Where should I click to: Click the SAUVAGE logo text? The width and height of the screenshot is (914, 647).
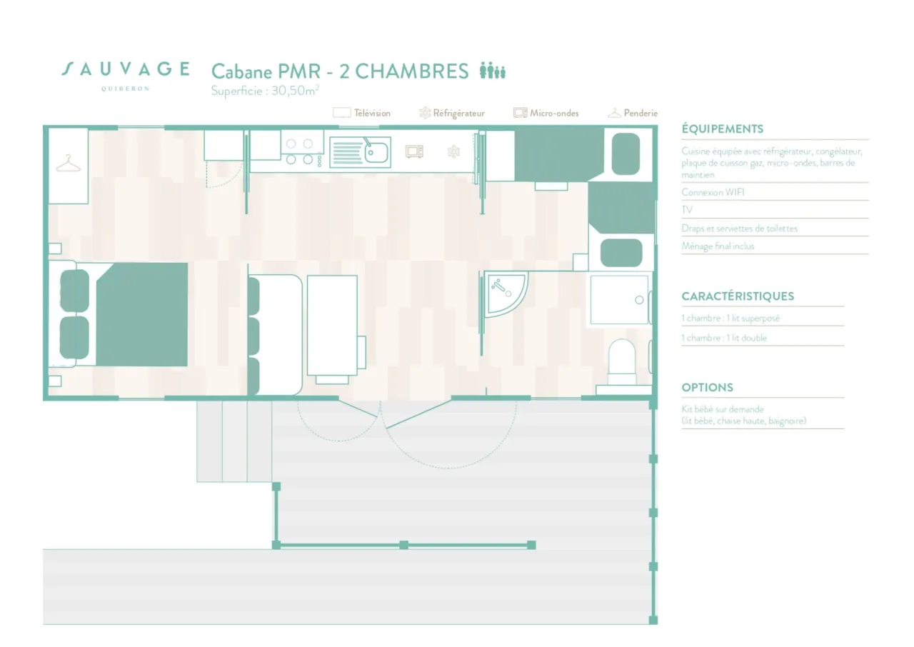tap(126, 69)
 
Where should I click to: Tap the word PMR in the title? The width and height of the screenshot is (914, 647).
tap(299, 71)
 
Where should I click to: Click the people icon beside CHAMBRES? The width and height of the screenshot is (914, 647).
tap(493, 70)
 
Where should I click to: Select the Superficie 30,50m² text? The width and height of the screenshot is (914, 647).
tap(264, 91)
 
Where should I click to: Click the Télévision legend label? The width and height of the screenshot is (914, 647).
tap(372, 113)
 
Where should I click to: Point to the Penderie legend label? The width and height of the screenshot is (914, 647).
tap(641, 113)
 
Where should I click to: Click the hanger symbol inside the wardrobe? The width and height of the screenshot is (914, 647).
tap(68, 163)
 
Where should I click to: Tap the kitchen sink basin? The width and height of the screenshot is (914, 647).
tap(376, 153)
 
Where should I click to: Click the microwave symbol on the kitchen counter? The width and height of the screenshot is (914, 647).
tap(414, 152)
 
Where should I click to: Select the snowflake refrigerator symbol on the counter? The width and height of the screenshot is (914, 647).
tap(453, 152)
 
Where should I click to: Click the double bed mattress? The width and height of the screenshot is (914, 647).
tap(142, 314)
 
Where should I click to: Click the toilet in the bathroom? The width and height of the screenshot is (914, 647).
tap(622, 361)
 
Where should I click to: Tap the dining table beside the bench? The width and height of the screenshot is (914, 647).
tap(332, 325)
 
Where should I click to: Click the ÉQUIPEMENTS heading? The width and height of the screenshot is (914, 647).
tap(722, 129)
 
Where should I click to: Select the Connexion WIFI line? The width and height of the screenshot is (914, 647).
tap(713, 192)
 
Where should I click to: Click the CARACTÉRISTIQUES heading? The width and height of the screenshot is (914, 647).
tap(738, 296)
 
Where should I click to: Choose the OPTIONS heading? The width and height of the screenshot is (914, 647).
tap(707, 387)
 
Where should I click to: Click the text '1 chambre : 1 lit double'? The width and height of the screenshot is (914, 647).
tap(724, 338)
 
